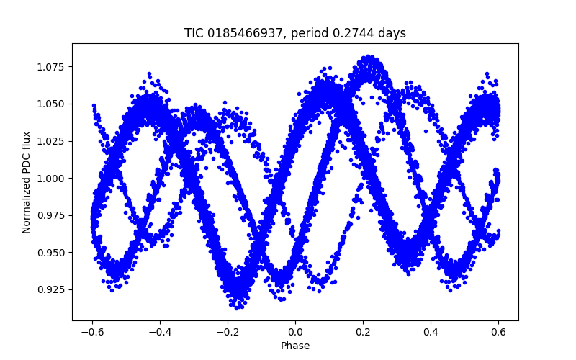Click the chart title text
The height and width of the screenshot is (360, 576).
click(x=294, y=33)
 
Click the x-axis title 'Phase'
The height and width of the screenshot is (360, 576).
click(x=294, y=346)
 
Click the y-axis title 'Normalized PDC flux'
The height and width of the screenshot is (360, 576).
click(x=27, y=181)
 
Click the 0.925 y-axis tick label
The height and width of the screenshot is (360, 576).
click(x=52, y=289)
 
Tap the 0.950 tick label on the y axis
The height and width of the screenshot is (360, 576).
click(x=52, y=253)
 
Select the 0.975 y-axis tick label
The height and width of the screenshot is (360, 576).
click(x=52, y=215)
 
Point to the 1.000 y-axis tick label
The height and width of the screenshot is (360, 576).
click(x=52, y=179)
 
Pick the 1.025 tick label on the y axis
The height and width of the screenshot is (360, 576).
click(x=52, y=141)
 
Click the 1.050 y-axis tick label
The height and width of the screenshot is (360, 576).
click(x=52, y=104)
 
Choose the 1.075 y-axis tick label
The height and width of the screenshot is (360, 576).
click(x=52, y=67)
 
